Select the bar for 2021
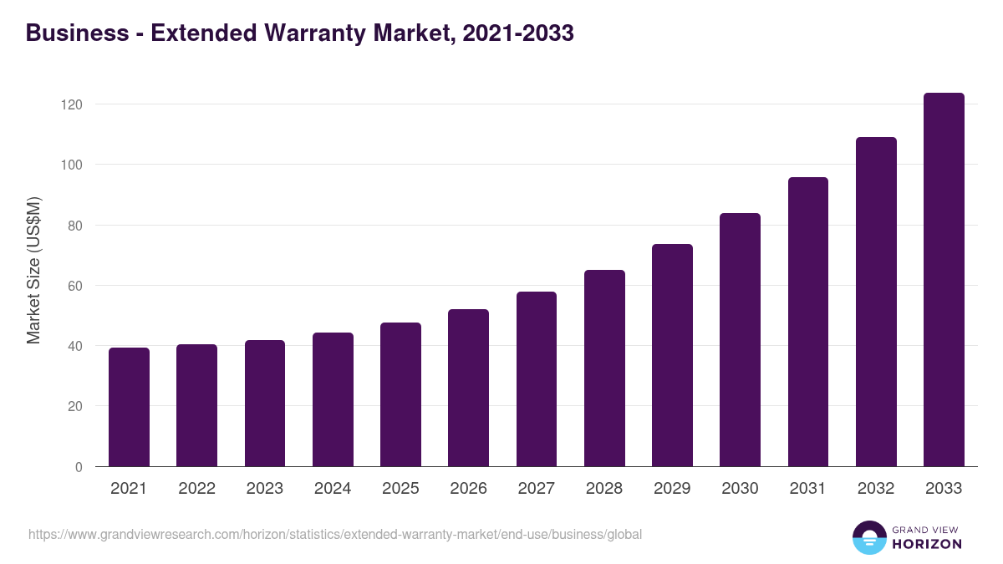point(129,407)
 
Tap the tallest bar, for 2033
point(944,280)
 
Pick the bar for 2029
point(672,355)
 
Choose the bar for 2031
point(808,322)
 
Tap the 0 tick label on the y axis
point(79,467)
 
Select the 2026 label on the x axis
point(468,489)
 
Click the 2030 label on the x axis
point(740,489)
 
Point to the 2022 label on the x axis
point(196,489)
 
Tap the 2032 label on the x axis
point(876,489)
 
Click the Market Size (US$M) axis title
point(33,270)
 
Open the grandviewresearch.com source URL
point(335,534)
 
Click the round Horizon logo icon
point(869,537)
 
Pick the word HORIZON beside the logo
point(926,544)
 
